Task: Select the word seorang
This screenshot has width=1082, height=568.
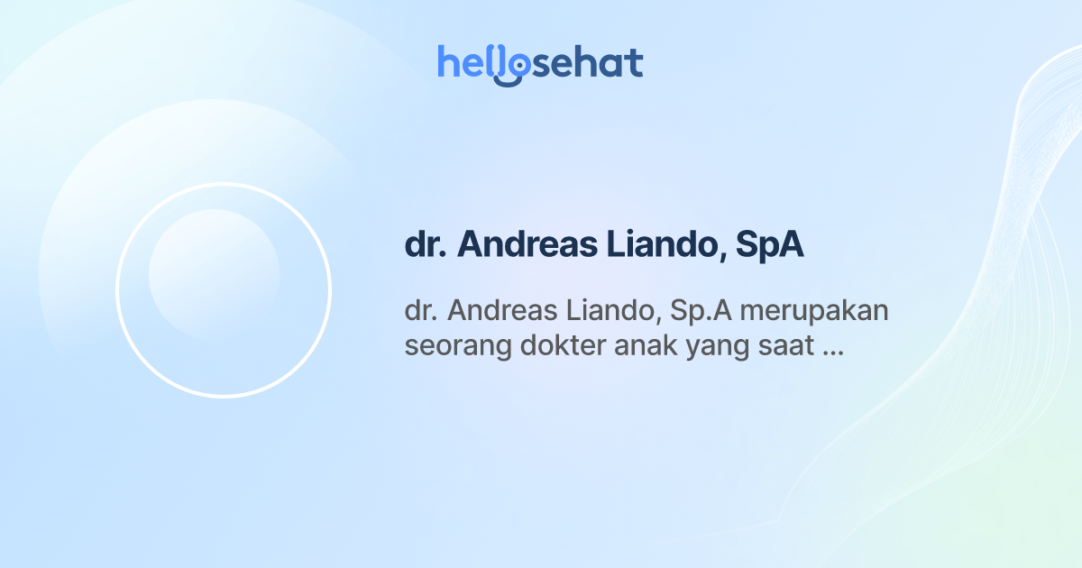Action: (x=447, y=346)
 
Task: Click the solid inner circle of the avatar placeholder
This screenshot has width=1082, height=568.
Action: (x=215, y=275)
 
